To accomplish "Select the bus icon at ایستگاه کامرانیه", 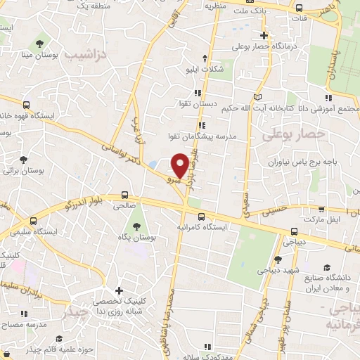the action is coord(202,217).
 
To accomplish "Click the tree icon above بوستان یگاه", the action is coord(136,226).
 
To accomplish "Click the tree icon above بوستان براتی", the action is coord(23,160).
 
